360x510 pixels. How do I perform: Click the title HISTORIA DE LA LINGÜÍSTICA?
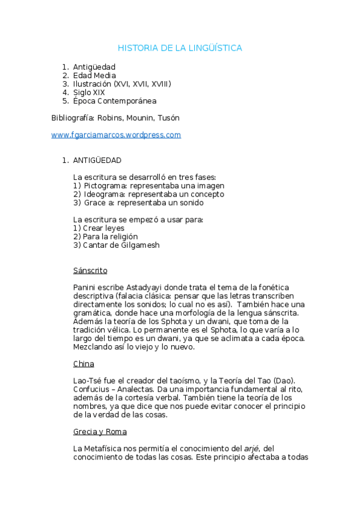[x=180, y=48]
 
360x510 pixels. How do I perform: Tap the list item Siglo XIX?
[x=89, y=93]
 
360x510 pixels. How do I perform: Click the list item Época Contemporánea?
[x=114, y=101]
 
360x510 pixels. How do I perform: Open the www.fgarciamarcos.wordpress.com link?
[x=116, y=135]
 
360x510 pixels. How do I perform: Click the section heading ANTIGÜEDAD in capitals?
[x=97, y=161]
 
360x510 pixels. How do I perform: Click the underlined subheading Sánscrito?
[x=90, y=271]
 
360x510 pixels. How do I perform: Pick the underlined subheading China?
[x=84, y=364]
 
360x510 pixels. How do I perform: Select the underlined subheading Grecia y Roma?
[x=100, y=432]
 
